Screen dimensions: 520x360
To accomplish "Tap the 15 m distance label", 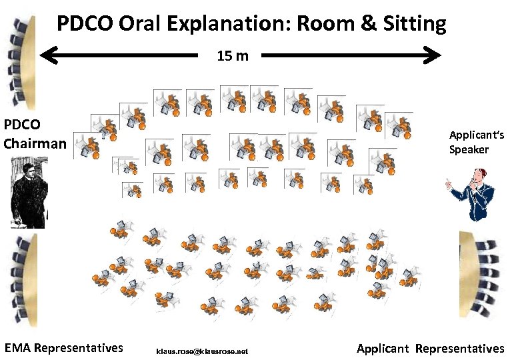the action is pos(233,55).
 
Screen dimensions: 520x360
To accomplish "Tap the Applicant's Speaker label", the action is pos(476,142).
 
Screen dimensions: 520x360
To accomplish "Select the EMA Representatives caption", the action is pos(64,347).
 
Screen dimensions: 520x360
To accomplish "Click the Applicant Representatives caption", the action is pos(431,348).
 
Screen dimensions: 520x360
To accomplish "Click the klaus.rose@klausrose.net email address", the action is pos(202,351).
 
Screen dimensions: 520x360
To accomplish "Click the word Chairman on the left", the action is pos(35,143).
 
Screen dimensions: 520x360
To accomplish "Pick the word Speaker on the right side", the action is pos(468,149).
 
